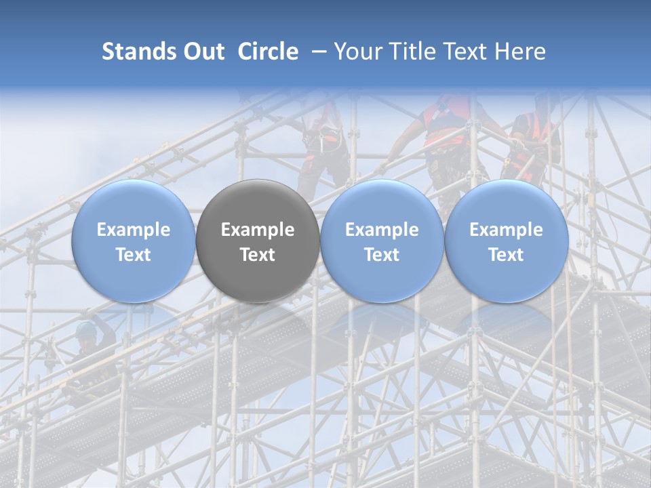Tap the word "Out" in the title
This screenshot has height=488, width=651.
pos(202,52)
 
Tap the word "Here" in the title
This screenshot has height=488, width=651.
pos(524,52)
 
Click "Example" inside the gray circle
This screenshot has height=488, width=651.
pos(258,230)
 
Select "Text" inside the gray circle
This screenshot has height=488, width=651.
pos(258,255)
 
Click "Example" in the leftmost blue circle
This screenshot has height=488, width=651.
pos(134,230)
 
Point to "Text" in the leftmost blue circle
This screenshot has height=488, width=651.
pos(134,255)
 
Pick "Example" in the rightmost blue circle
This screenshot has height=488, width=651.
pos(506,230)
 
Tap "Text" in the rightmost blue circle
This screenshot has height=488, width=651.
pos(506,255)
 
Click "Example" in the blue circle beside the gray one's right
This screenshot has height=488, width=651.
pos(382,230)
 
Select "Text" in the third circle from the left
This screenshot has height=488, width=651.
pos(382,255)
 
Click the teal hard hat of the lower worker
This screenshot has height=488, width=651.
pos(86,329)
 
